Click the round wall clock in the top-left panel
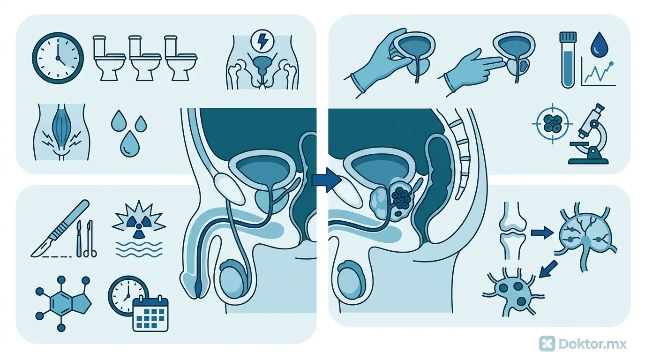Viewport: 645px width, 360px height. [58, 58]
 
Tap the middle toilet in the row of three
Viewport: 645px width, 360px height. [145, 58]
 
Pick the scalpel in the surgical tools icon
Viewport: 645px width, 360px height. [60, 228]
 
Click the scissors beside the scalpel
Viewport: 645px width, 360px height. [90, 239]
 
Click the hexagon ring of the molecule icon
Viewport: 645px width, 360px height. [61, 303]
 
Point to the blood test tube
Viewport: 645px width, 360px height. [568, 60]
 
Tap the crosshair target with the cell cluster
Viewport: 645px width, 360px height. [552, 124]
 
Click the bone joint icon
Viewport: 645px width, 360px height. [512, 231]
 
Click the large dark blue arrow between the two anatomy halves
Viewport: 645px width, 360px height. [327, 180]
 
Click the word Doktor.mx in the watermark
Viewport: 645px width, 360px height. [593, 344]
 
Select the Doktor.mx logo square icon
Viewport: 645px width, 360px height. [547, 344]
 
